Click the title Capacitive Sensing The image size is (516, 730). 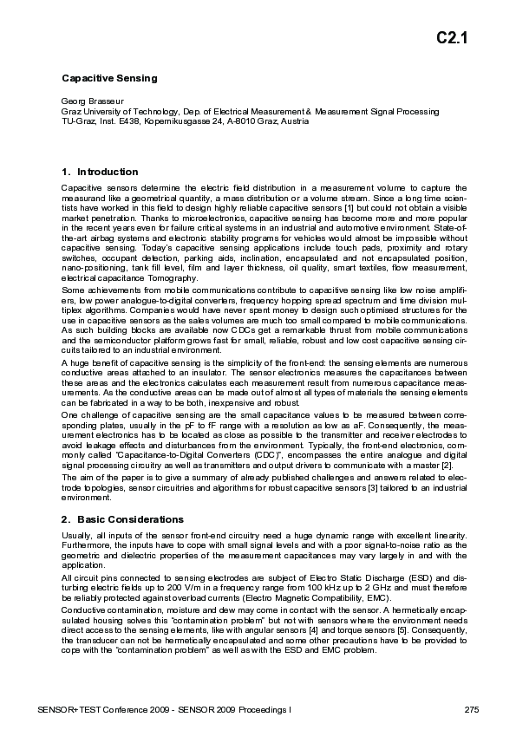(x=108, y=78)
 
